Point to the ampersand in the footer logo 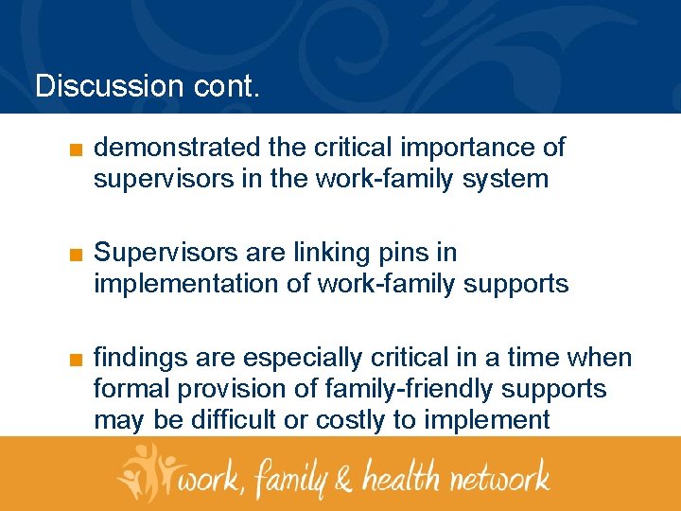(345, 478)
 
